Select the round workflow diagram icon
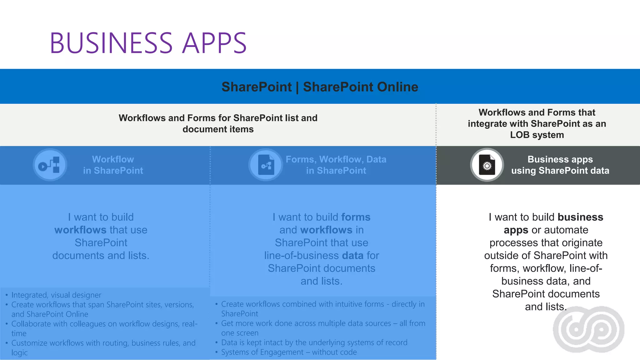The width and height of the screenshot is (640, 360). click(x=50, y=165)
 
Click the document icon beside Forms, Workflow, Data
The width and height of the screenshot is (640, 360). click(x=266, y=165)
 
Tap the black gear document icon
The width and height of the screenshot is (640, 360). click(x=487, y=165)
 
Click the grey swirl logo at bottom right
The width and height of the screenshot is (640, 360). click(x=589, y=329)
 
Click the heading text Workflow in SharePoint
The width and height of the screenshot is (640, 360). click(x=113, y=165)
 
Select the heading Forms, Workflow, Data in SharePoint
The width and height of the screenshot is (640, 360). click(x=336, y=165)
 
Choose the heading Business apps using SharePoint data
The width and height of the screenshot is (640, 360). click(x=560, y=165)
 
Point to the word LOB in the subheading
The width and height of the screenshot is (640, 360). click(x=520, y=135)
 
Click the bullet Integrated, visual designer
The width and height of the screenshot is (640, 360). click(x=56, y=295)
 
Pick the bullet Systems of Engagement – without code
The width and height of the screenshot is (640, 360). click(x=289, y=352)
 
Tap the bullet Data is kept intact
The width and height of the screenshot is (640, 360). click(x=314, y=342)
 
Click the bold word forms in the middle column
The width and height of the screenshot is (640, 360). click(x=356, y=217)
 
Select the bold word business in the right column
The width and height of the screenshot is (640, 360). click(x=580, y=217)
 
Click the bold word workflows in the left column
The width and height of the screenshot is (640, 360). click(x=80, y=230)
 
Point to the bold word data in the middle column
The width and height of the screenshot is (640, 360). click(x=352, y=256)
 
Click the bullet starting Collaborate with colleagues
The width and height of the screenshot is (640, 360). click(x=104, y=324)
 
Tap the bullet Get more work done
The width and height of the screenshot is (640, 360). click(x=323, y=323)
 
